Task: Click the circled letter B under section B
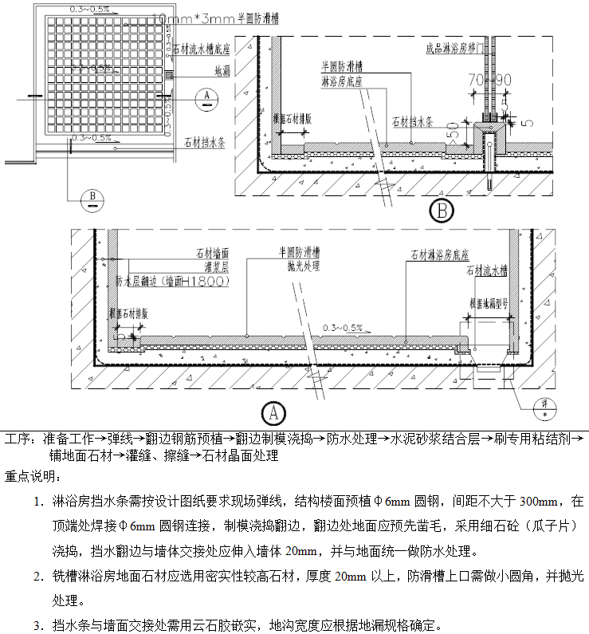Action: point(441,211)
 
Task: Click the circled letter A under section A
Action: point(274,412)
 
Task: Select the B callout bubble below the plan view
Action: point(92,196)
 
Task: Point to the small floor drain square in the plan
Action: point(169,75)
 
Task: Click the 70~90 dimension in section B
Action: point(489,81)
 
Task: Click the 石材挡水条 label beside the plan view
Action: point(206,143)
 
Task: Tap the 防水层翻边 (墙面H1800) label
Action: point(172,282)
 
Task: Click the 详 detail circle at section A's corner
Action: point(545,405)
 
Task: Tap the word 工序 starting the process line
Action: point(16,439)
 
